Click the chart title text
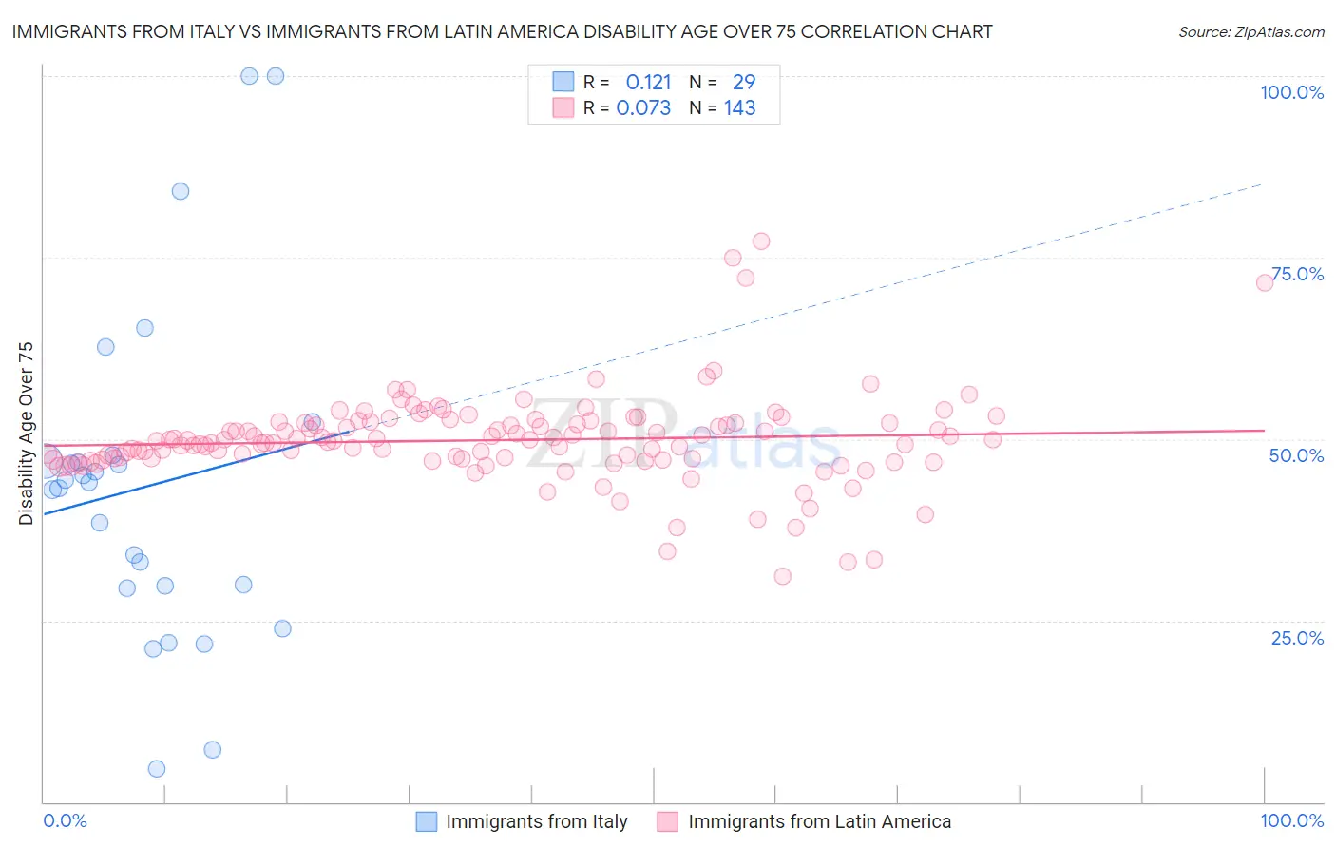[x=502, y=31]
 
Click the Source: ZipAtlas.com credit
[x=1250, y=31]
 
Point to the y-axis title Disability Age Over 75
[x=26, y=433]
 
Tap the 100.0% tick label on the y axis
[x=1291, y=92]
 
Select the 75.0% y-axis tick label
[x=1297, y=274]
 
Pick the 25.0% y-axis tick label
[x=1297, y=637]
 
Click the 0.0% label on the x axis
[x=65, y=820]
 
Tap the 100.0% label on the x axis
[x=1291, y=820]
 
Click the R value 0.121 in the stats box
[x=648, y=83]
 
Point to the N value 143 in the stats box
[x=739, y=108]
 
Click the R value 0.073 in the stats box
[x=643, y=108]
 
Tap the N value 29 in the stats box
[x=744, y=83]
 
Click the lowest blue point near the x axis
[x=157, y=769]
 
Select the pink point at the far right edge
[x=1265, y=282]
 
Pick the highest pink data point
[x=761, y=241]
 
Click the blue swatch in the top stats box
[x=563, y=82]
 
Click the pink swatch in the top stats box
[x=563, y=107]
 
